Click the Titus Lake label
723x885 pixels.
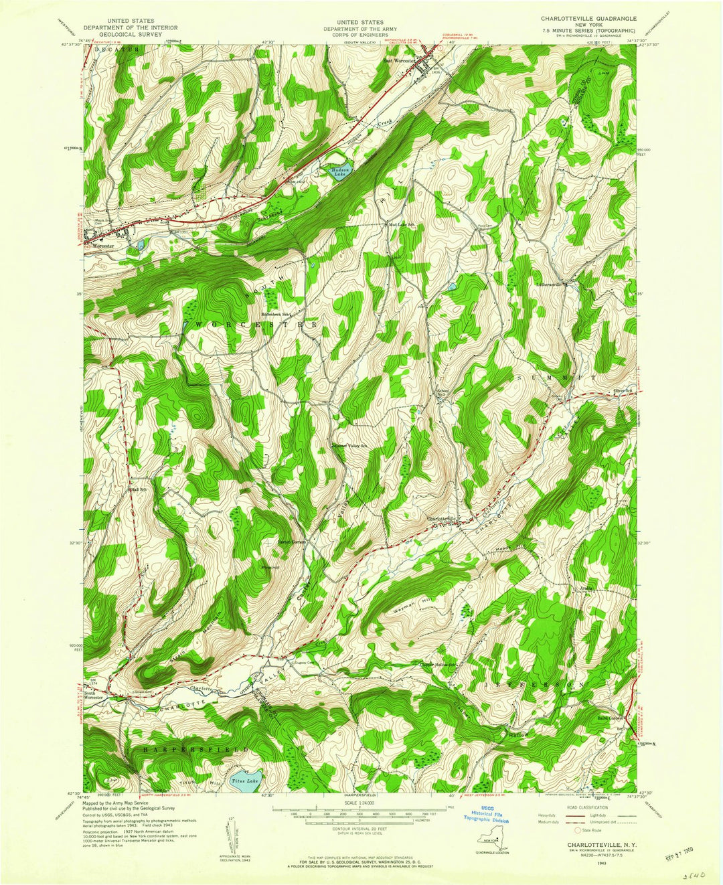point(244,781)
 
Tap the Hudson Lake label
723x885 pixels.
point(339,171)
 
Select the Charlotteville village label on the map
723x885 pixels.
point(443,519)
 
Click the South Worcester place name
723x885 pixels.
point(95,695)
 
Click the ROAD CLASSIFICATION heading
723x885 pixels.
point(587,807)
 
